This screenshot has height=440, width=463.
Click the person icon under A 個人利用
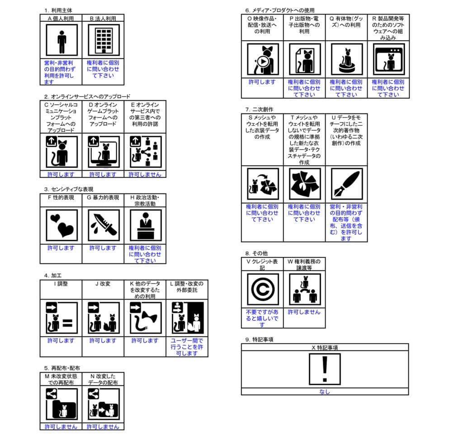(x=61, y=40)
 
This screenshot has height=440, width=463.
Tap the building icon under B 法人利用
(x=103, y=40)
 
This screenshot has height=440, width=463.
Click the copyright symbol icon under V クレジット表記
(x=262, y=289)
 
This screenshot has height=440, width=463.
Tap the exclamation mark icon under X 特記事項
(x=325, y=369)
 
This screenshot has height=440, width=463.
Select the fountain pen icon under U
(x=346, y=184)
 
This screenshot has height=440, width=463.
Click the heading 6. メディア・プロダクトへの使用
(x=280, y=10)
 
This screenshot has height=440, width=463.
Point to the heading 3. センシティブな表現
(x=69, y=189)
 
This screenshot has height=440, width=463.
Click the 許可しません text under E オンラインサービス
(x=145, y=174)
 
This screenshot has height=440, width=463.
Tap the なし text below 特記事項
(x=325, y=392)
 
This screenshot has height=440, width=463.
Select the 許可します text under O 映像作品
(x=262, y=82)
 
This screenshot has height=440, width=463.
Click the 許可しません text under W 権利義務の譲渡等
(x=304, y=312)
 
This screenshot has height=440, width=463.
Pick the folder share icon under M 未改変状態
(x=61, y=404)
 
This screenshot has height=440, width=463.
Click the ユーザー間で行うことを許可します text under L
(x=187, y=347)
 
